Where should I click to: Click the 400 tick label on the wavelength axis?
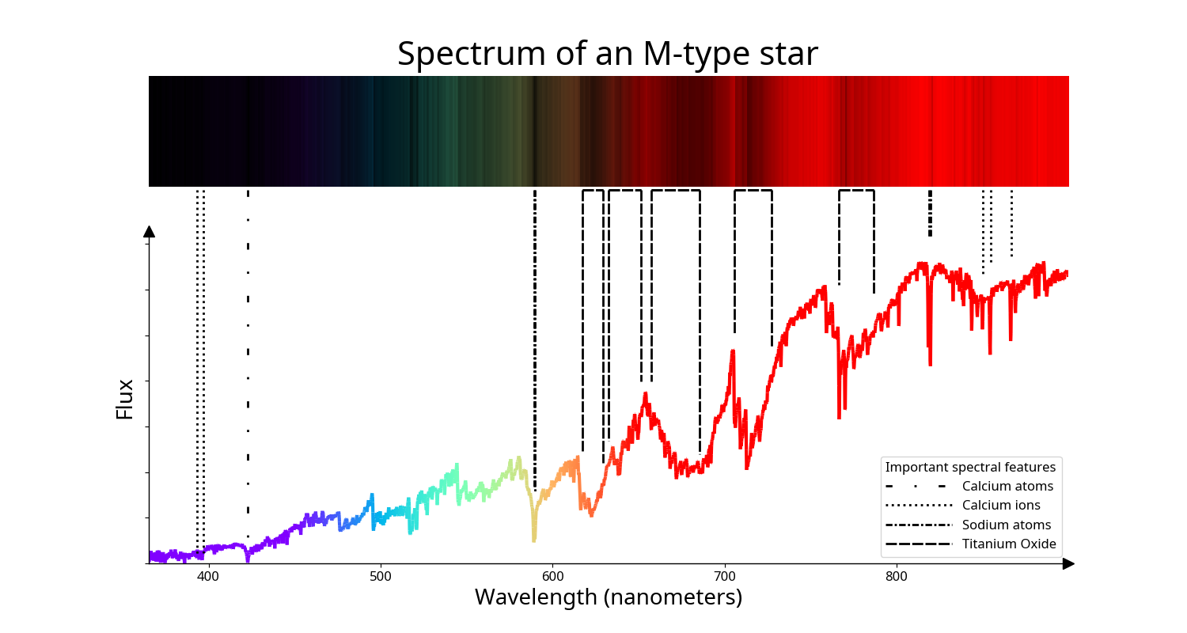[x=207, y=576]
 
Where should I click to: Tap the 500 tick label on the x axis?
[x=380, y=576]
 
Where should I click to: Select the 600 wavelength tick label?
[x=552, y=576]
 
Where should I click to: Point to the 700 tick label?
[x=724, y=576]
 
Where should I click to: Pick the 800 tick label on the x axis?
[x=897, y=576]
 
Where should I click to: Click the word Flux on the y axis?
[x=124, y=399]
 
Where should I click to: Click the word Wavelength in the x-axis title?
[x=536, y=597]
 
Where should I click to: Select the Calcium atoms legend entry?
[x=969, y=487]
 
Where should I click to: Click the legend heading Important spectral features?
[x=970, y=467]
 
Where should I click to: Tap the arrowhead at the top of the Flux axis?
[x=150, y=232]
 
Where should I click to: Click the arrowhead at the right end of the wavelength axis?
[x=1068, y=563]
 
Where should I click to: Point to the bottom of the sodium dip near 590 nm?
[x=534, y=541]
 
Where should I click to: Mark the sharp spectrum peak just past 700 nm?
[x=733, y=351]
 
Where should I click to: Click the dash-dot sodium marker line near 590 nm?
[x=535, y=340]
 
